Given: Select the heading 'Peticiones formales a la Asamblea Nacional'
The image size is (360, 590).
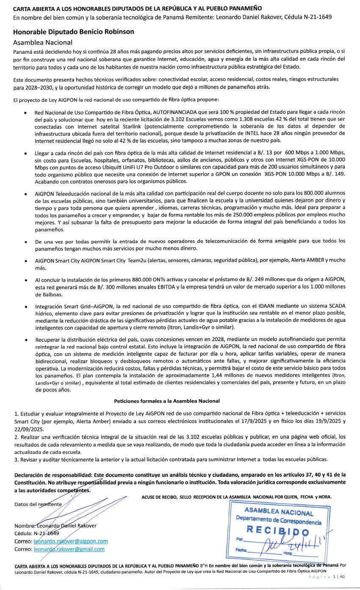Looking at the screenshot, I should point(166,400).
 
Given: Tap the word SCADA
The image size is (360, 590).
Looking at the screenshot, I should point(331,305).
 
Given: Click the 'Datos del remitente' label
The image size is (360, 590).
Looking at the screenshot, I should point(38,504).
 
